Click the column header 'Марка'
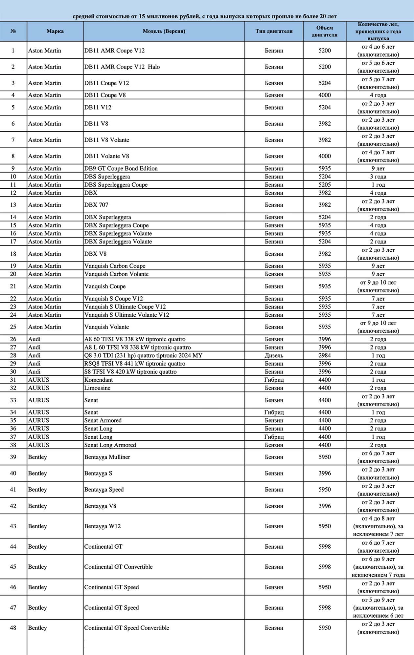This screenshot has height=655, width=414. (55, 31)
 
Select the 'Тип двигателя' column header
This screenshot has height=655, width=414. (274, 31)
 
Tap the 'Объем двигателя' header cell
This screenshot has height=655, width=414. (324, 31)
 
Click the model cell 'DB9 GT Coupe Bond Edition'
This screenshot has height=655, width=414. (121, 168)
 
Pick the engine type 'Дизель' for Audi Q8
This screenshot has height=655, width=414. (274, 355)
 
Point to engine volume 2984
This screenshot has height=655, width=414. (324, 355)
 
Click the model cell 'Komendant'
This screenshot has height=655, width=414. (99, 380)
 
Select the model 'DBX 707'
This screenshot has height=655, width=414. (96, 205)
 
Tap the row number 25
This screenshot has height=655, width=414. (13, 327)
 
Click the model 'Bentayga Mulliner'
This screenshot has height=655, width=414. (107, 457)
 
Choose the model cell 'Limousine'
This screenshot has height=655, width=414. (97, 388)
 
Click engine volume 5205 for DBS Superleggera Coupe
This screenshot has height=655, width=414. (324, 185)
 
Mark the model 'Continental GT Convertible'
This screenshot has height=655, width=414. (118, 567)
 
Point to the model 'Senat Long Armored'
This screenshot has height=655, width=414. (110, 445)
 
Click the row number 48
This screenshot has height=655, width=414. (13, 628)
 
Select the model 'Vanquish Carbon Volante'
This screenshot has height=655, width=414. (116, 274)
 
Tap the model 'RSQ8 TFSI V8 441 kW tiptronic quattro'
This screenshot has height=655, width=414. (135, 364)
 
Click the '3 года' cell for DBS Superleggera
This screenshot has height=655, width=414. (378, 177)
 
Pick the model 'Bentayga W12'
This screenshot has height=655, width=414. (103, 526)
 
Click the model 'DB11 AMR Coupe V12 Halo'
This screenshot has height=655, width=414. (122, 67)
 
